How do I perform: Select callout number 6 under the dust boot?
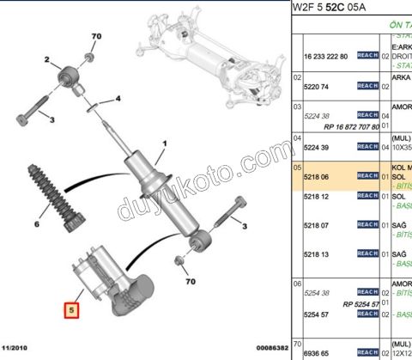(x=36, y=224)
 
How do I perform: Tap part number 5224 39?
(x=318, y=147)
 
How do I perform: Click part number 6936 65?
(x=318, y=352)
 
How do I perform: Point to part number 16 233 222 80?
(x=326, y=57)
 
